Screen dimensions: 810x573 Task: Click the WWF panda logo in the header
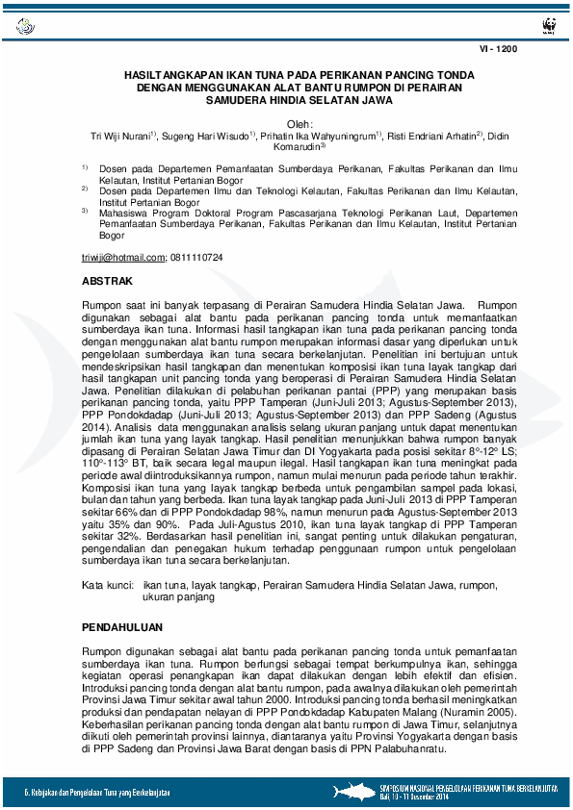point(549,24)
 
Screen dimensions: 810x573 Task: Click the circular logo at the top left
point(24,25)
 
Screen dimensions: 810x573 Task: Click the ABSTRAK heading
point(106,281)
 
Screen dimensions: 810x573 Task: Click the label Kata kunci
point(105,585)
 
